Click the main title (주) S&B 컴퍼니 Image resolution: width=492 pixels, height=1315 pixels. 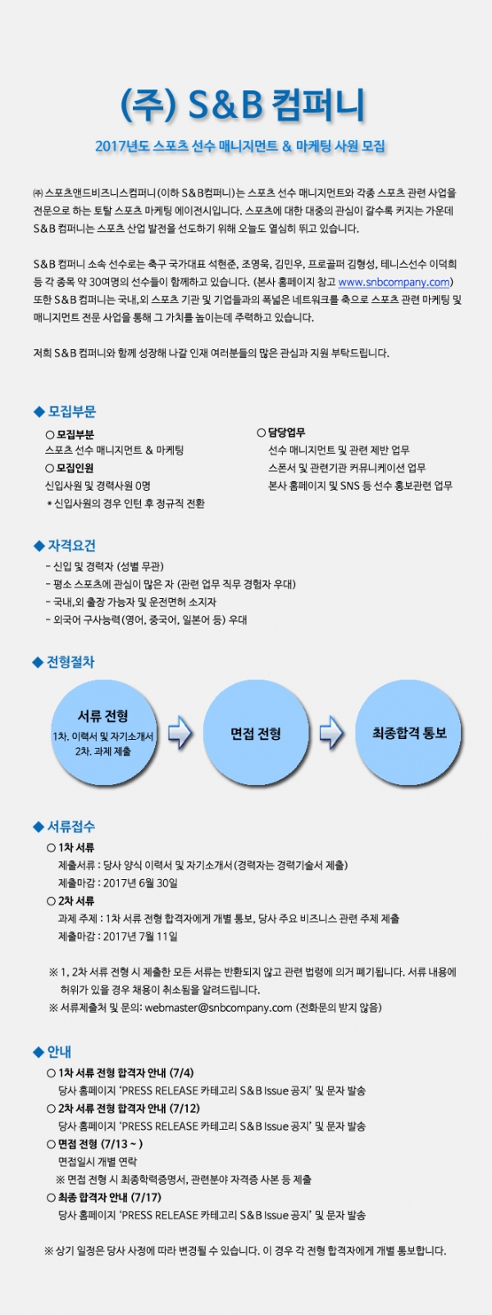[x=243, y=106]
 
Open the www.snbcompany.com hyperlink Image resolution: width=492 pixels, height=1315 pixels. [x=394, y=283]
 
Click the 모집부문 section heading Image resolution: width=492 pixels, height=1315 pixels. [x=71, y=411]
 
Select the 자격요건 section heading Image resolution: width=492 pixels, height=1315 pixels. [x=71, y=546]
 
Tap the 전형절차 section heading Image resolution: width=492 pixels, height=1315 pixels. [x=71, y=662]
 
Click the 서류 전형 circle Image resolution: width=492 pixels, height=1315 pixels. [x=104, y=732]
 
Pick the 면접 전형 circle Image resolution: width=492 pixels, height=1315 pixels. [x=256, y=732]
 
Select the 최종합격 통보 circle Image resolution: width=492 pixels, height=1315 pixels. [x=408, y=732]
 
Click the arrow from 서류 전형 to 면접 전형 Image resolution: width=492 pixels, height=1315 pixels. [x=180, y=732]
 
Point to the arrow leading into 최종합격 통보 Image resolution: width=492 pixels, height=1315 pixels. [x=331, y=732]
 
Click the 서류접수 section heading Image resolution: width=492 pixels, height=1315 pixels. [x=71, y=827]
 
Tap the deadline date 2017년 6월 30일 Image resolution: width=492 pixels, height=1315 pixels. [x=140, y=883]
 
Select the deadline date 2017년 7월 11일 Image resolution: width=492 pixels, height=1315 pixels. [x=140, y=936]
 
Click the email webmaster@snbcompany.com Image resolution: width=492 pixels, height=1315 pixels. [x=219, y=1008]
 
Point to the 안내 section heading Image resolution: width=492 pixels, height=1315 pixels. [x=59, y=1051]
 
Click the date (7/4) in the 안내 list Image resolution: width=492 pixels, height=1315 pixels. [x=182, y=1072]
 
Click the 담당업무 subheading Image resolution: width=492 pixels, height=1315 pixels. [x=287, y=433]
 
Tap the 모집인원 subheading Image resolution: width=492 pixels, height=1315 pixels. [x=75, y=468]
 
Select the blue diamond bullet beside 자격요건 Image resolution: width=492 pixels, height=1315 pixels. [x=39, y=546]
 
